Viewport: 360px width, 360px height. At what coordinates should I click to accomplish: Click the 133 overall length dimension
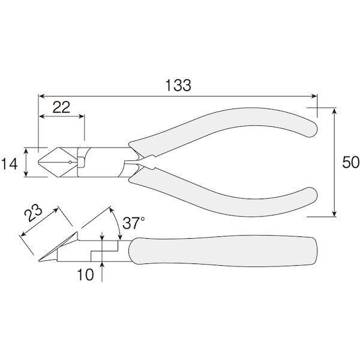(178, 85)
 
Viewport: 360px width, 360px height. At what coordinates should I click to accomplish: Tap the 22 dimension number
(61, 107)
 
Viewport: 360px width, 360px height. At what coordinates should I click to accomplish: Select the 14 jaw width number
(9, 164)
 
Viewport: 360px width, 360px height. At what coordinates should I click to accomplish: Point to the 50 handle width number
(350, 163)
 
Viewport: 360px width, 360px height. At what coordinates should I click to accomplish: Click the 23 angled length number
(33, 213)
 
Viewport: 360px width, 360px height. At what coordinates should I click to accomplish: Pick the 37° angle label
(134, 223)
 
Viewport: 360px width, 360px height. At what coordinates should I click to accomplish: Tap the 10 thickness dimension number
(85, 275)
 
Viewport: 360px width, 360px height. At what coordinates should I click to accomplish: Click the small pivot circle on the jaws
(70, 163)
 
